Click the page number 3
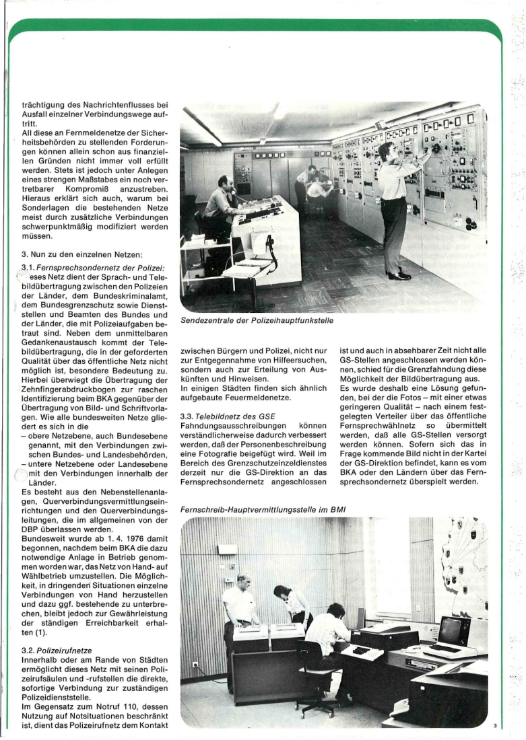pyautogui.click(x=494, y=725)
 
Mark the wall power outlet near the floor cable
pyautogui.click(x=195, y=663)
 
